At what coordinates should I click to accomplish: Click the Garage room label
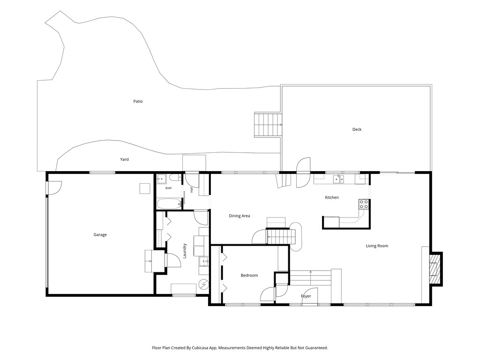pyautogui.click(x=100, y=235)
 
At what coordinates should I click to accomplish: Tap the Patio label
pyautogui.click(x=138, y=101)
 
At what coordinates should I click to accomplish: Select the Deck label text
pyautogui.click(x=357, y=129)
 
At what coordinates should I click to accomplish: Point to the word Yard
pyautogui.click(x=124, y=159)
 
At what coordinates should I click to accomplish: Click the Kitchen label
pyautogui.click(x=332, y=197)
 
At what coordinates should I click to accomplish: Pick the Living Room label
pyautogui.click(x=377, y=246)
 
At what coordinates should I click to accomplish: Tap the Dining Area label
pyautogui.click(x=240, y=216)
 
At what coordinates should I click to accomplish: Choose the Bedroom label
pyautogui.click(x=249, y=276)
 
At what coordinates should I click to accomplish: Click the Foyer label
pyautogui.click(x=306, y=296)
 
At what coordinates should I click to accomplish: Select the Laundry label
pyautogui.click(x=185, y=251)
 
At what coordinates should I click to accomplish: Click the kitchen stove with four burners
pyautogui.click(x=364, y=204)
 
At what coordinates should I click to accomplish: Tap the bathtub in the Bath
pyautogui.click(x=169, y=204)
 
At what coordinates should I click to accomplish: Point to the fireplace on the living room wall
pyautogui.click(x=436, y=269)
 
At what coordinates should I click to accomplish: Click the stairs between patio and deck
pyautogui.click(x=268, y=125)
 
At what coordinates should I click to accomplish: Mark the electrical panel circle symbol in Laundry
pyautogui.click(x=203, y=285)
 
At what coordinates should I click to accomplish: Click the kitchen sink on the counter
pyautogui.click(x=338, y=179)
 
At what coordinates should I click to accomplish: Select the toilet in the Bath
pyautogui.click(x=175, y=178)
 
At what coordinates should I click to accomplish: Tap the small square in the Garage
pyautogui.click(x=145, y=188)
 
